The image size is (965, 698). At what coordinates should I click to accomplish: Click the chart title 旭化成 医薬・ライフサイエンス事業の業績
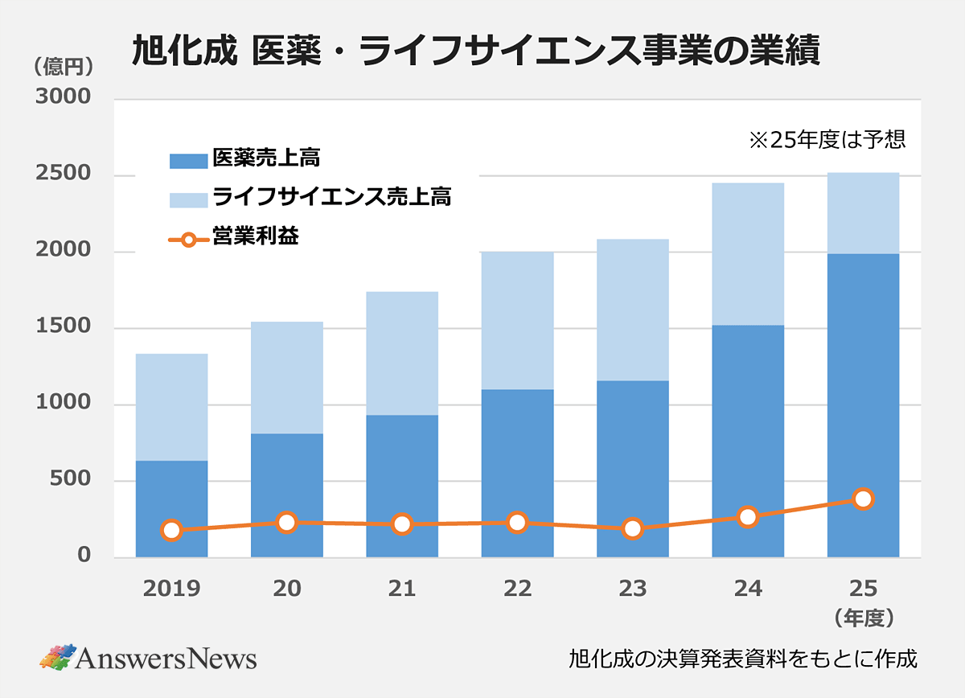pos(475,52)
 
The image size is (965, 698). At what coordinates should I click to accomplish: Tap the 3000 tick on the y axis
pos(63,98)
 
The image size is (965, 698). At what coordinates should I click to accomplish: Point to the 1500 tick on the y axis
pos(63,327)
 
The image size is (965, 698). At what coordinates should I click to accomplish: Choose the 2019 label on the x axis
pos(171,589)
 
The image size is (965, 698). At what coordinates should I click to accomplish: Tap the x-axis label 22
pos(517,589)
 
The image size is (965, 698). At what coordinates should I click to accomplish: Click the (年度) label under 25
pos(864,618)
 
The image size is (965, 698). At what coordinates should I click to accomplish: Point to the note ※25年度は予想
pos(827,140)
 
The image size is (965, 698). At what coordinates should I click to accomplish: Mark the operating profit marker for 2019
pos(171,530)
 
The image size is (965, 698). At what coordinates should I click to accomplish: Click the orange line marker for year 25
pos(863,499)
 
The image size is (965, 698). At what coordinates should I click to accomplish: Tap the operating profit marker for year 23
pos(632,528)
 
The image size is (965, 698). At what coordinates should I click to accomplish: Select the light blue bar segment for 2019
pos(171,407)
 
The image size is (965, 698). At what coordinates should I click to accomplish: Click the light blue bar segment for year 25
pos(863,213)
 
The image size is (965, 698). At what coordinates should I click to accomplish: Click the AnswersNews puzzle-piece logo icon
pos(57,657)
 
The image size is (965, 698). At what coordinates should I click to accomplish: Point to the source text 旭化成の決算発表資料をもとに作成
pos(742,659)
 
